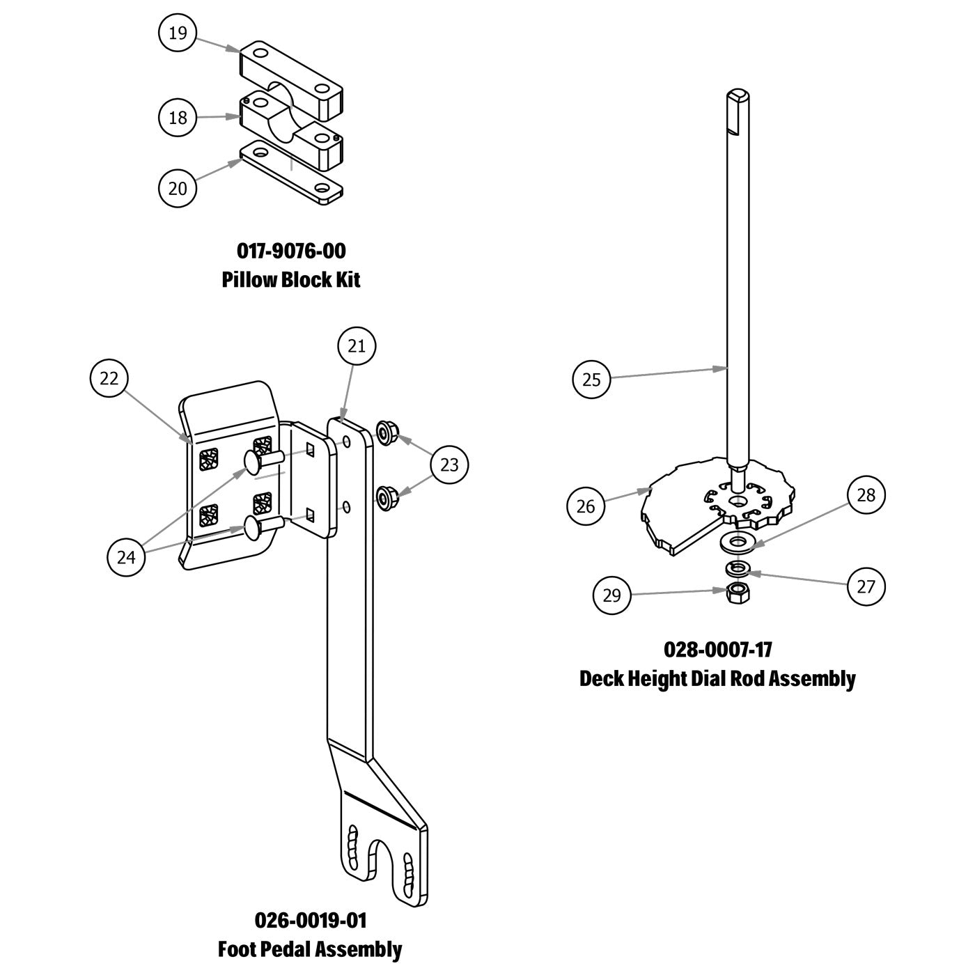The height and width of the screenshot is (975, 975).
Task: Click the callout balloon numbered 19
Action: coord(178,33)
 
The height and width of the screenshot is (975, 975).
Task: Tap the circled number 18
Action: coord(178,117)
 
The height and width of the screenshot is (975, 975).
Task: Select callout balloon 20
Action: coord(178,188)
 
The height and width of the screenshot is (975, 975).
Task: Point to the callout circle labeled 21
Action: coord(356,346)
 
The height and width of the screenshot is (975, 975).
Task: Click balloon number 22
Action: coord(109,379)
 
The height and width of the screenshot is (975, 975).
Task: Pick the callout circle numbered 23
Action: coord(449,464)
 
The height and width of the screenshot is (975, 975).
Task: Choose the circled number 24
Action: coord(127,558)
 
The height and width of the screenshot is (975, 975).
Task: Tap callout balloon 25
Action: coord(591,380)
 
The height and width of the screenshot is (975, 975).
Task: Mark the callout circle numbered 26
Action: coord(586,506)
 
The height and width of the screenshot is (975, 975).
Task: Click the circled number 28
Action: coord(866,495)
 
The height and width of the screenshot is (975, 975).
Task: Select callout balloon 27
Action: coord(866,586)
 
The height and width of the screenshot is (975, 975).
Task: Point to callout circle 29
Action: coord(611,595)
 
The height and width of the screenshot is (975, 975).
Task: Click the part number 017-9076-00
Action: coord(291,249)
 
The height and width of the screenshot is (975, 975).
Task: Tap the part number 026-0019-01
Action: coord(311,920)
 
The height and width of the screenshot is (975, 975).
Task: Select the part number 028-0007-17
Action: coord(718,649)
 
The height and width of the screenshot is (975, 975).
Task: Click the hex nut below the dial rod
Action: coord(736,593)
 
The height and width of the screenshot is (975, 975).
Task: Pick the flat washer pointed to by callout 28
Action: coord(737,540)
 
